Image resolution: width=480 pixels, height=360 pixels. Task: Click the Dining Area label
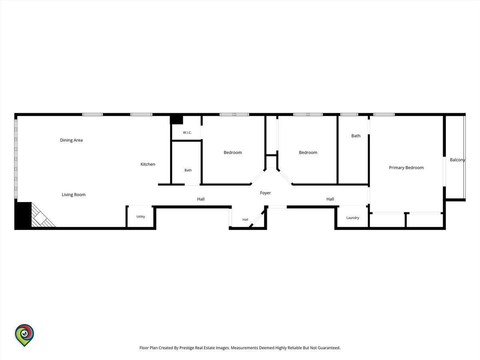71,140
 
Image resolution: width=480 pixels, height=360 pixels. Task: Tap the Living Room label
74,194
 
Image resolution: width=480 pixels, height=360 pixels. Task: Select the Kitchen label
148,164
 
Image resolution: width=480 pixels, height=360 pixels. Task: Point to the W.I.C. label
187,132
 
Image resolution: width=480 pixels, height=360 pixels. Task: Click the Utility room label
141,217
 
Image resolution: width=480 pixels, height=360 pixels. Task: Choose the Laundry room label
353,218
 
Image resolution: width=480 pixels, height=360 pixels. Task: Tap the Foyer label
265,193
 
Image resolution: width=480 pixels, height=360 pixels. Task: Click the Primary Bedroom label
406,168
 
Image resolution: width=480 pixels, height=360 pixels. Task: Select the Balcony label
457,160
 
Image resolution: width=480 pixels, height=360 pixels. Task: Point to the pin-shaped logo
24,335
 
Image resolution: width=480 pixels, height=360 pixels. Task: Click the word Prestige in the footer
187,348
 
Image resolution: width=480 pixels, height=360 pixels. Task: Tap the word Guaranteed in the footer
329,348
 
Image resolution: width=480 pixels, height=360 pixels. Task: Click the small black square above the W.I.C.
176,120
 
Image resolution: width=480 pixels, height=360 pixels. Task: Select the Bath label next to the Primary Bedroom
356,136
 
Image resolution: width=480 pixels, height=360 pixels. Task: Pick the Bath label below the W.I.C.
188,170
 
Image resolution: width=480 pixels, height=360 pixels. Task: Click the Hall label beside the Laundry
330,199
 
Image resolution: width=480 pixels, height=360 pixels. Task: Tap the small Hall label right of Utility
245,220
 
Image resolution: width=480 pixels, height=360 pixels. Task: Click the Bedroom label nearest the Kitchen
233,152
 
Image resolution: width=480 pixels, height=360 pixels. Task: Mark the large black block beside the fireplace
23,215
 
